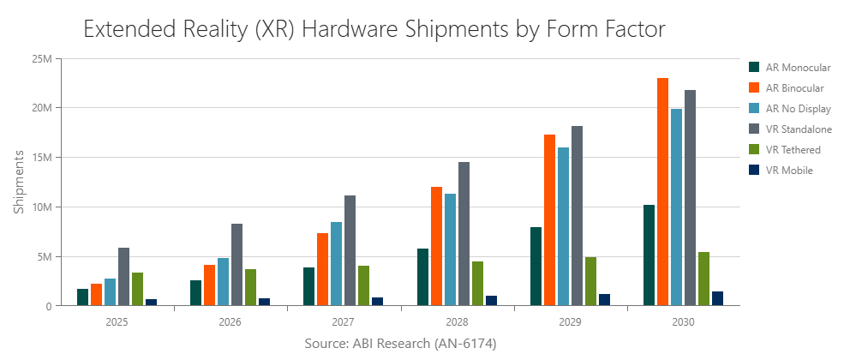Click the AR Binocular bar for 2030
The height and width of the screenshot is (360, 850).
pos(662,192)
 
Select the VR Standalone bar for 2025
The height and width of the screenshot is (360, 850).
pos(123,277)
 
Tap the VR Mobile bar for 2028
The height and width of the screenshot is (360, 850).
pos(491,301)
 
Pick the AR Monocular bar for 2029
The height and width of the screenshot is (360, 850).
pos(536,267)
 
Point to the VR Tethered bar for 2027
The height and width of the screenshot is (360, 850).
pos(364,285)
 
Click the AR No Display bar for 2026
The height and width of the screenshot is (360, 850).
pos(223,282)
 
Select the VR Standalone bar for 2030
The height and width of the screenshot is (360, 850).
pos(690,198)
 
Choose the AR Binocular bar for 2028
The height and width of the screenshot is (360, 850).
pos(436,246)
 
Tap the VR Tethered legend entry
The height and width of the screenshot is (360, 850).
pos(781,149)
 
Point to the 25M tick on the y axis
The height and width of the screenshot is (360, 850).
pos(41,58)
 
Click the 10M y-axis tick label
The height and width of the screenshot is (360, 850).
pos(41,207)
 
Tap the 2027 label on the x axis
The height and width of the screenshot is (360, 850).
pos(344,323)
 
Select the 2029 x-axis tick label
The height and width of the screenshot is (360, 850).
pos(570,323)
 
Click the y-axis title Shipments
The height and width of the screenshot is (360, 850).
pos(18,182)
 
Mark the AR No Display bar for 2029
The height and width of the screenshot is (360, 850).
pos(563,227)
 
